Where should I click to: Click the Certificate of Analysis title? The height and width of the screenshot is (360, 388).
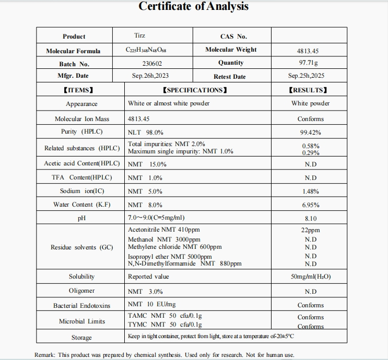pos(194,7)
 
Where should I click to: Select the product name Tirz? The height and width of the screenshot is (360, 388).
pos(139,36)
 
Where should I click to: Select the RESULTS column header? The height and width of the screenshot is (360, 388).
pos(308,90)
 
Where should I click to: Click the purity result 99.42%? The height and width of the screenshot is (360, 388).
pos(310,133)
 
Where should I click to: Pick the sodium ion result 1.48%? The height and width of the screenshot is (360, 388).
pos(310,191)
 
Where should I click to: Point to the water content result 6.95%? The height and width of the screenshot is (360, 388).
pos(310,205)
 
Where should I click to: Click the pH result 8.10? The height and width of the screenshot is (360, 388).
pos(310,219)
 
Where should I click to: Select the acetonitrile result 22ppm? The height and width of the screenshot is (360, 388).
pos(311,230)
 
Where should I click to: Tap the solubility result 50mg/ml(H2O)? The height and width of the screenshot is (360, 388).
pos(311,277)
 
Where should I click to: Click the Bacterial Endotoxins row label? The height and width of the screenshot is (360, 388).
pos(81,305)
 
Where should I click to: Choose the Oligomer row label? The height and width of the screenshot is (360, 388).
pos(81,291)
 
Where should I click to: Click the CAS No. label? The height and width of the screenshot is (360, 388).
pos(233,37)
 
